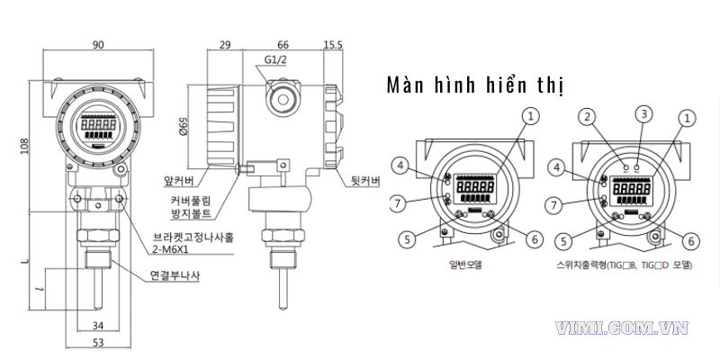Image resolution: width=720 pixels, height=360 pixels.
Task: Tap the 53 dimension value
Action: [x=98, y=343]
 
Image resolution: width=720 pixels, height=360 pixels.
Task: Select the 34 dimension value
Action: [x=98, y=326]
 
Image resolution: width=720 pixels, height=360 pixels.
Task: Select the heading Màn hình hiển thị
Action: [x=474, y=85]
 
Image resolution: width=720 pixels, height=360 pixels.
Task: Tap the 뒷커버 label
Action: [x=364, y=181]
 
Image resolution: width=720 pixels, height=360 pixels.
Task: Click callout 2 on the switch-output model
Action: [x=587, y=117]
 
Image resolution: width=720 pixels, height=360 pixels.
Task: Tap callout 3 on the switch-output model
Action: [x=643, y=113]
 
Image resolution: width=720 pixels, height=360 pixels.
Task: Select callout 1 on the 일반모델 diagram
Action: [x=531, y=117]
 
